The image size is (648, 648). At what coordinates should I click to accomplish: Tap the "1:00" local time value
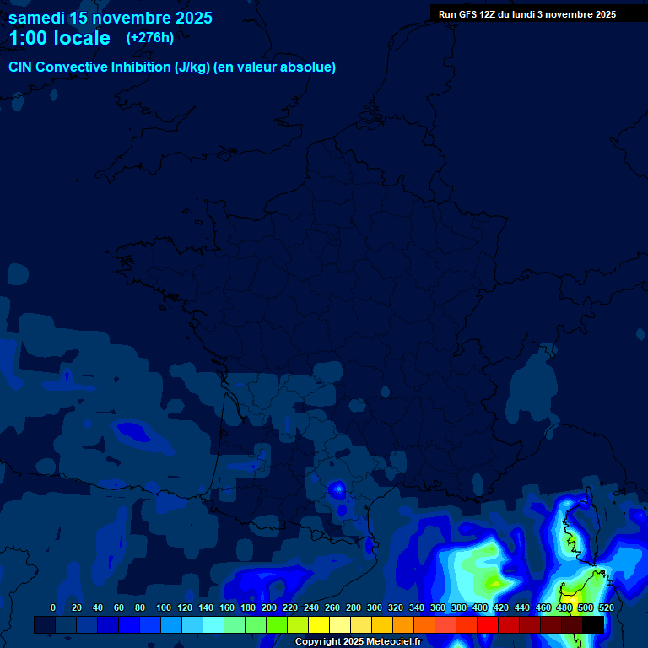click(28, 38)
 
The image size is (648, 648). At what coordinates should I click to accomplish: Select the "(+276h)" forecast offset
click(150, 37)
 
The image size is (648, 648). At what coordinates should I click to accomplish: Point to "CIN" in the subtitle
click(20, 67)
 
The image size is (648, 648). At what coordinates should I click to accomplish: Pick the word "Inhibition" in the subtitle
click(141, 67)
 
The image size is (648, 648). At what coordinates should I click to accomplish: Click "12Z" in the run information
click(489, 14)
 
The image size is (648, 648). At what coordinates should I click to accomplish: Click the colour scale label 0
click(53, 607)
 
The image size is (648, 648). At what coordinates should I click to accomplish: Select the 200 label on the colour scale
click(269, 607)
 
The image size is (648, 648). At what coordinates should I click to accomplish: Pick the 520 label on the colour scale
click(606, 607)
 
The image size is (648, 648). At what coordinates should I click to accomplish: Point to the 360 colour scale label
click(438, 607)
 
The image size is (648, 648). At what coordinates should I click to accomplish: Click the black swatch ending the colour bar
click(592, 624)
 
